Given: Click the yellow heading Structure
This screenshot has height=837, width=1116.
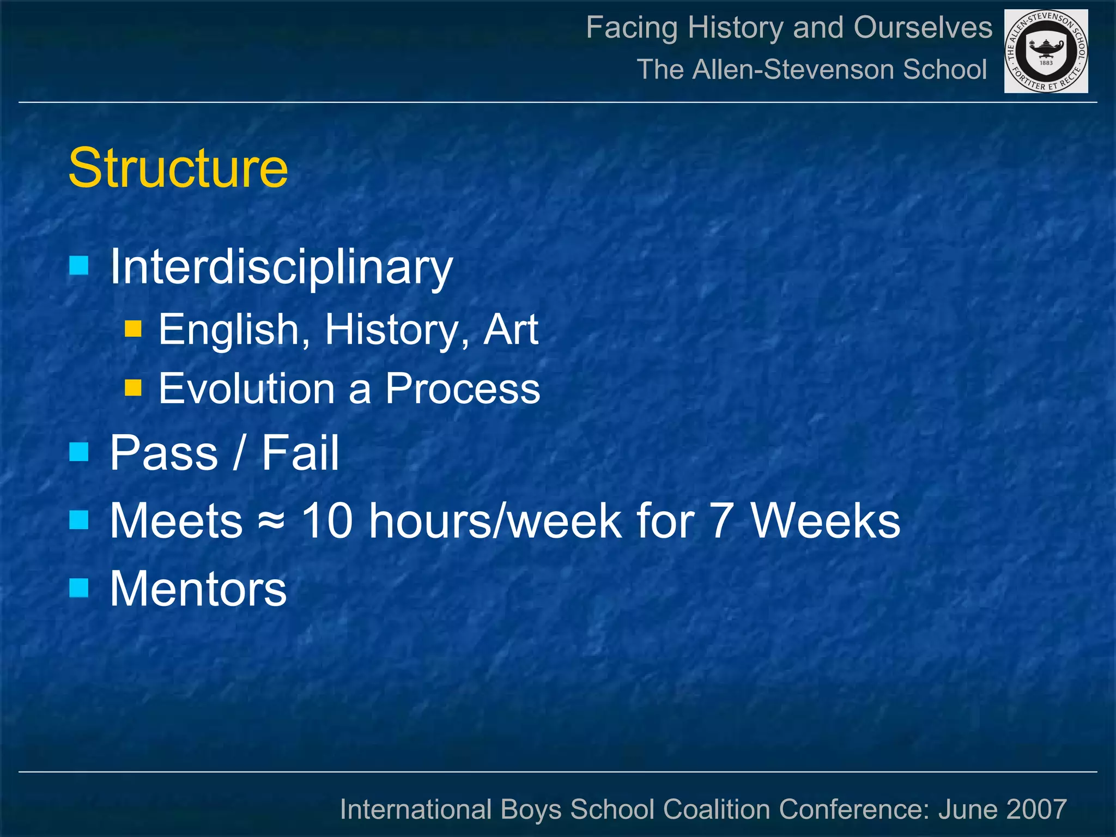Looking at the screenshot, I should [x=178, y=168].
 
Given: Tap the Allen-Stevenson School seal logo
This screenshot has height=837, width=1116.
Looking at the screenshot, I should [x=1046, y=51].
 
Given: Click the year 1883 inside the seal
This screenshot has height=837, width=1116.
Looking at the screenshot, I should [x=1046, y=63].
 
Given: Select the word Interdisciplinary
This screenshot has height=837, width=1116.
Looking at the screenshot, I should [x=281, y=267].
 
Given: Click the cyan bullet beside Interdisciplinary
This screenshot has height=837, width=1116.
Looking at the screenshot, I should [x=79, y=265].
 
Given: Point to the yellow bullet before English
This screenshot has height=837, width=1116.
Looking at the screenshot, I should [x=133, y=329].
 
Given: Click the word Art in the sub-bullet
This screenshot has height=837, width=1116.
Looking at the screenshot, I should [x=511, y=330].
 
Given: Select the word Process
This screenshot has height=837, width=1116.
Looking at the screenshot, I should [x=462, y=389].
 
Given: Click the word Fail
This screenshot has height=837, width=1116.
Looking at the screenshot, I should [x=300, y=453].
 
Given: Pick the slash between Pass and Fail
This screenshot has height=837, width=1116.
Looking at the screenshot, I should [x=238, y=453].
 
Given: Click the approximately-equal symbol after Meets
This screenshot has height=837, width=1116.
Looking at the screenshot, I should [x=271, y=521].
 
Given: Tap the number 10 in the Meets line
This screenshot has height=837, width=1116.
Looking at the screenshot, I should [x=327, y=521].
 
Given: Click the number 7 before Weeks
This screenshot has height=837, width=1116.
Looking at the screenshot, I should [x=720, y=521].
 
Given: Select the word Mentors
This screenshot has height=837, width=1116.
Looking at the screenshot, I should [x=198, y=589].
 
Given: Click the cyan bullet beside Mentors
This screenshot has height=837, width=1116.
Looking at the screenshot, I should [x=79, y=587].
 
